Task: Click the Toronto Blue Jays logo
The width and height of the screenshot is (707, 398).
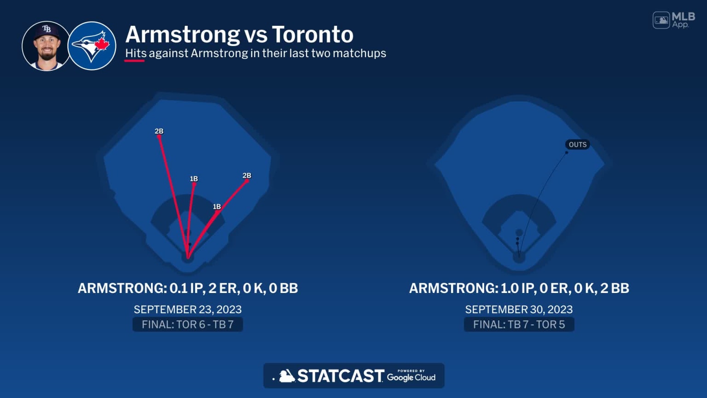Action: coord(92,46)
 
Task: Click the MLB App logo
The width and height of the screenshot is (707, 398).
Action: coord(674,20)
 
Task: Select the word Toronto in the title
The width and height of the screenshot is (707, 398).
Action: coord(313,35)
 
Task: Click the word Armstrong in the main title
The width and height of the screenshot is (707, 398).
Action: coord(182,35)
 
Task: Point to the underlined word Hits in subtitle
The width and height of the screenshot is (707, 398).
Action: coord(136,53)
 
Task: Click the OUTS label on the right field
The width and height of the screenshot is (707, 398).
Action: coord(578,145)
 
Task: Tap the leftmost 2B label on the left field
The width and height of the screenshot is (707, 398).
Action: coord(159,131)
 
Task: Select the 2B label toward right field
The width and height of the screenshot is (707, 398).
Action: coord(247,176)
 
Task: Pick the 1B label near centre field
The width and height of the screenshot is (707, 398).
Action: coord(194,179)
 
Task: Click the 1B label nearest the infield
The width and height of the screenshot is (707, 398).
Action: coord(217,207)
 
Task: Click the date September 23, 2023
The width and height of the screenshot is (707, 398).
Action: coord(187,310)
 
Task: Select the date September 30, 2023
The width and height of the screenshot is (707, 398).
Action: coord(519,310)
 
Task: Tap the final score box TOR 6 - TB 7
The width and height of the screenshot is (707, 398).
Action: coord(187,325)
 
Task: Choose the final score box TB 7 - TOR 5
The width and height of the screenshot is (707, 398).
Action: coord(519,325)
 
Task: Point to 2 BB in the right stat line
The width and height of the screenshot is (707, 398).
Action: coord(614,288)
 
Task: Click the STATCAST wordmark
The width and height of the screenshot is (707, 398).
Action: coord(340,376)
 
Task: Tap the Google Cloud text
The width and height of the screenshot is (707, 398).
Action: coord(411,377)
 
